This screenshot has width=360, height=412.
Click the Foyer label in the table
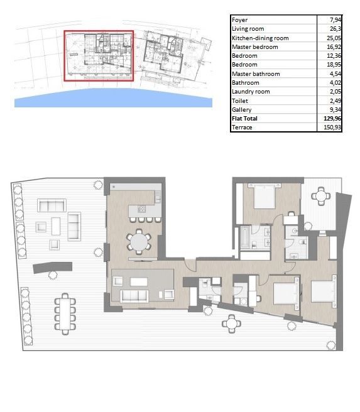239,20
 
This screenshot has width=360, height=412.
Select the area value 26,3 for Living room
335,29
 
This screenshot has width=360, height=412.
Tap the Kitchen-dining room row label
260,38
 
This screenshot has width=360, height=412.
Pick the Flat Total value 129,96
332,119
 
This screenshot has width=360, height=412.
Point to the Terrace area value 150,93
332,127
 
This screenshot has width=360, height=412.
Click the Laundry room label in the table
251,92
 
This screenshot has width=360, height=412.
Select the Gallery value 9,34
335,109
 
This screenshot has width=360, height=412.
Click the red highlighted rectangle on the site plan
99,31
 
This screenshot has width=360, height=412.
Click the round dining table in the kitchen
139,242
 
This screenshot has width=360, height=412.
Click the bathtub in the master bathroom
245,237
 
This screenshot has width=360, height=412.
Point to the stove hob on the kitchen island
141,209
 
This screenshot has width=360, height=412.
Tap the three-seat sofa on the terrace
52,205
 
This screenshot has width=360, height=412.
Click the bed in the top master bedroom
265,196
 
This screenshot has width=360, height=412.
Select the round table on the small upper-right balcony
320,196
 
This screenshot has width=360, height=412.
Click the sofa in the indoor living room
134,296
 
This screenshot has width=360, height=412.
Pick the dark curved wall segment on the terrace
53,268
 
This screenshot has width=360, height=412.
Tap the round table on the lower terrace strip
231,323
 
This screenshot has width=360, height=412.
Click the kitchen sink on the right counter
158,197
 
